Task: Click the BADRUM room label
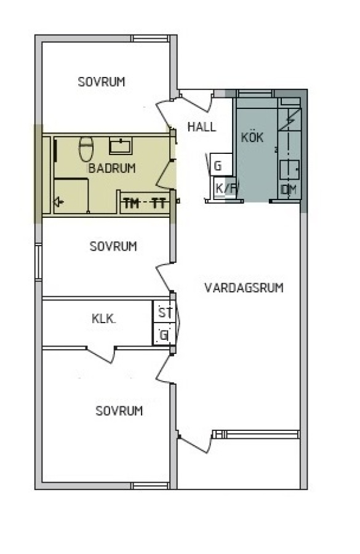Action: (111, 168)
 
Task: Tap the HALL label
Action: (202, 127)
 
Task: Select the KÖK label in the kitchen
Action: (252, 137)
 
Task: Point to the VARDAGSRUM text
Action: (244, 287)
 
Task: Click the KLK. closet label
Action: (103, 319)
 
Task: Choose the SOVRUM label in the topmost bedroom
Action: (102, 82)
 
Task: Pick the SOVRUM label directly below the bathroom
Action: (113, 246)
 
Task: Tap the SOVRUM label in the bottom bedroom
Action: (119, 411)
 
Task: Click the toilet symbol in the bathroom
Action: (86, 149)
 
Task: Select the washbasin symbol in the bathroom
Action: (121, 146)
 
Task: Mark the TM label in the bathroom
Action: (132, 204)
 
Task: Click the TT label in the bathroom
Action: (159, 204)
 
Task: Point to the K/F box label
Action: (225, 188)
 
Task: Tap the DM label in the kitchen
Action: (289, 190)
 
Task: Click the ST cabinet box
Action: (164, 311)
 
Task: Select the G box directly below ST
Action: (164, 334)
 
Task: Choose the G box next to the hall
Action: (222, 164)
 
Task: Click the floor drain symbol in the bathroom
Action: (58, 202)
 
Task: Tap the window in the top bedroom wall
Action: (150, 39)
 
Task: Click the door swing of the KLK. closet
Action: (102, 355)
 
